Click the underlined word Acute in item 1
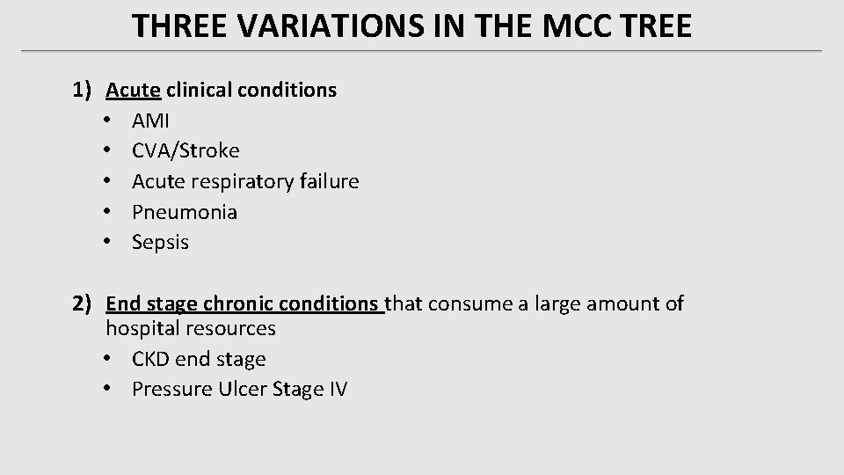pyautogui.click(x=133, y=90)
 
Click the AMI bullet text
pyautogui.click(x=150, y=121)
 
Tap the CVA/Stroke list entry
pyautogui.click(x=186, y=151)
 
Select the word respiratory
pyautogui.click(x=236, y=182)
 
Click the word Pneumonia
pyautogui.click(x=185, y=212)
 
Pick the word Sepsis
pyautogui.click(x=160, y=243)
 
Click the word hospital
pyautogui.click(x=142, y=329)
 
